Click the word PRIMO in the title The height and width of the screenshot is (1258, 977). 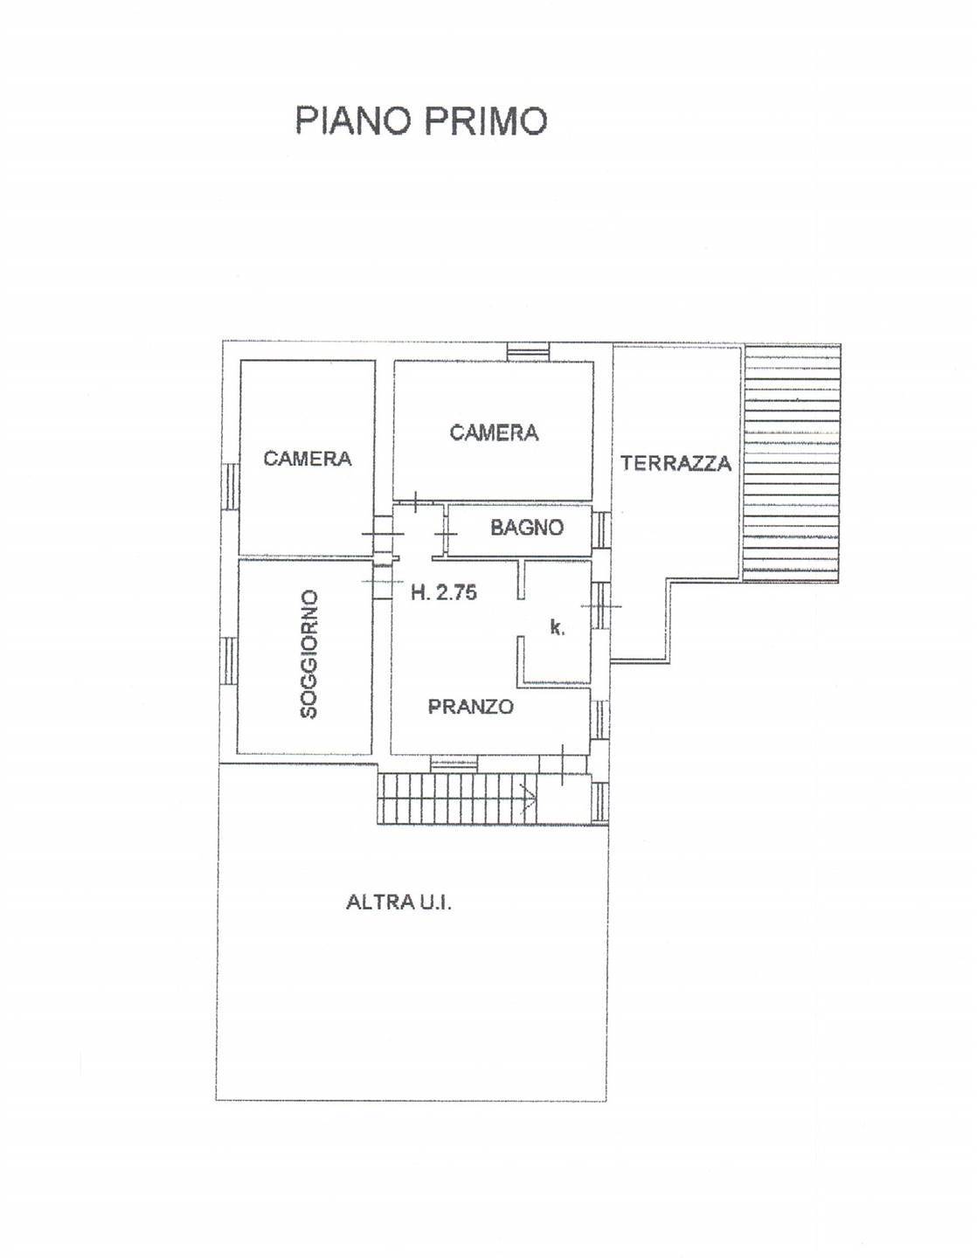(486, 120)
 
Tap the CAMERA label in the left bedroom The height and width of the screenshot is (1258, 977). (307, 459)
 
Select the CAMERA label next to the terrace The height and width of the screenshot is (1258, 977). (494, 432)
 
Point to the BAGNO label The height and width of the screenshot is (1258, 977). (526, 528)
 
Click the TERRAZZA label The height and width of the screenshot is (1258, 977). (676, 464)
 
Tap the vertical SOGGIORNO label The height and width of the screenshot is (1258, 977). (308, 654)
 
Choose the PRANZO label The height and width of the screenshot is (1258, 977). (470, 707)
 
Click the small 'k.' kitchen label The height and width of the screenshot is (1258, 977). (556, 627)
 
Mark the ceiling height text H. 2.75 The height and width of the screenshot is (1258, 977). (444, 592)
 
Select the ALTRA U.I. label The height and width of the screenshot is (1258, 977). (398, 902)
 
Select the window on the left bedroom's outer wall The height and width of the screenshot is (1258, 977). (231, 486)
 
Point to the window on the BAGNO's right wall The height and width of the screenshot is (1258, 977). (601, 529)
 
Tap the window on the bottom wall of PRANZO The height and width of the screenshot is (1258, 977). (454, 764)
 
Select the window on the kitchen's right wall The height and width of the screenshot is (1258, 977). (601, 605)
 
